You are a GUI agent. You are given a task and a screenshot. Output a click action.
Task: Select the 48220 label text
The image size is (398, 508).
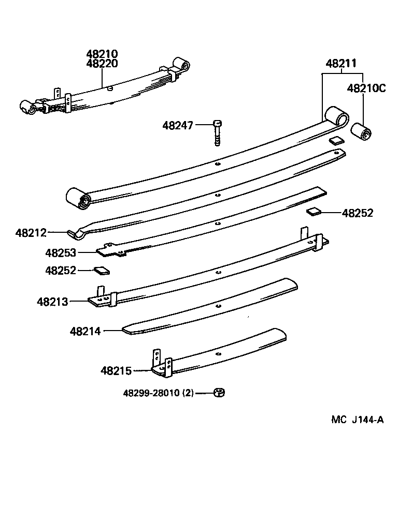coord(102,64)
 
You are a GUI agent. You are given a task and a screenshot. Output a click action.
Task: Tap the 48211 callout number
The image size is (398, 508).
coord(340,64)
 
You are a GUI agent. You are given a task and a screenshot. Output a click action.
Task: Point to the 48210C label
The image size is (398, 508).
coord(366,88)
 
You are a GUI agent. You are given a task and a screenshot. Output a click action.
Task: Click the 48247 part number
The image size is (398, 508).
coord(178,125)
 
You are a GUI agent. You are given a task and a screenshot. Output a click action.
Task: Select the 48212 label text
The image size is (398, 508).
coord(31,233)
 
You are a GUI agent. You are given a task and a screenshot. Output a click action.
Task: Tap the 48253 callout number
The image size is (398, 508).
coord(60,253)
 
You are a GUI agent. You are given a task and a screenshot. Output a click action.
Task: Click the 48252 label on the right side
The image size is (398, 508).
coord(358,213)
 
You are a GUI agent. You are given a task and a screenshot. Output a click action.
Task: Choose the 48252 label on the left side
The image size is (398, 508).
coord(60,271)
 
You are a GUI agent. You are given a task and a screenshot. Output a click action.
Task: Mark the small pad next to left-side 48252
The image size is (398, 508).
coord(102,270)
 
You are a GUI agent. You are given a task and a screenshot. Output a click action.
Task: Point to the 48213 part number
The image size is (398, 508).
coord(52,301)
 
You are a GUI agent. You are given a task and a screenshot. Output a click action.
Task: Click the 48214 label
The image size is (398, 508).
coord(86,330)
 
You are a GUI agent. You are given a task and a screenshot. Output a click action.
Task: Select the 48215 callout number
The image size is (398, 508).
coord(117,370)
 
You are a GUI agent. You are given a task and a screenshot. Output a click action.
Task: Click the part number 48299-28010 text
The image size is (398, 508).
coord(158,393)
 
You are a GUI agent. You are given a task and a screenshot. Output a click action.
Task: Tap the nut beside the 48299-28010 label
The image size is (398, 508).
coord(219,393)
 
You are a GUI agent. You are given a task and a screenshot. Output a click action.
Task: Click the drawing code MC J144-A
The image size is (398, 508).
coord(357,420)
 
